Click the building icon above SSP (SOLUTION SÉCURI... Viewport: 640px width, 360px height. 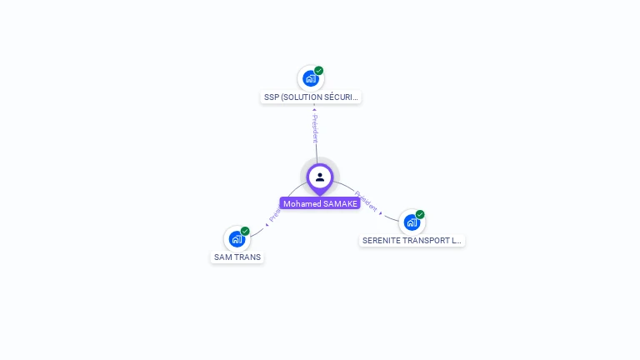click(x=311, y=78)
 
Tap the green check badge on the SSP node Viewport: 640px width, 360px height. click(x=319, y=71)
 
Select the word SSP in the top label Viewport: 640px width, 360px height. click(x=272, y=97)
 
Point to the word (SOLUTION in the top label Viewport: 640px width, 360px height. click(x=301, y=97)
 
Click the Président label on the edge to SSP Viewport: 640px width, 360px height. click(x=315, y=128)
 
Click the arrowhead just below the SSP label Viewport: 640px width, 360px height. click(x=314, y=107)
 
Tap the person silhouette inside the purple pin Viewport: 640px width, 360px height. click(x=320, y=177)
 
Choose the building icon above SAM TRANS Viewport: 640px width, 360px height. click(x=237, y=239)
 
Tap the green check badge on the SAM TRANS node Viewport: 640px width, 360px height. click(x=245, y=231)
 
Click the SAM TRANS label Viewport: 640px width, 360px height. click(x=237, y=257)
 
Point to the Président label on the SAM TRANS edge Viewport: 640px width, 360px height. click(x=275, y=214)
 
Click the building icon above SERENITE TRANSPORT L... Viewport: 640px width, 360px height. click(x=412, y=222)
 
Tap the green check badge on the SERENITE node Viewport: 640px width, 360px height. click(x=420, y=214)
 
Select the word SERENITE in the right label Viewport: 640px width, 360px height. click(x=382, y=241)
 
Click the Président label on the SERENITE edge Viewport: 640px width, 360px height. click(x=366, y=200)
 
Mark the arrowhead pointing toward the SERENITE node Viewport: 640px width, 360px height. click(x=381, y=213)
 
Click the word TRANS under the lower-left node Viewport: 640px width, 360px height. click(x=247, y=257)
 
